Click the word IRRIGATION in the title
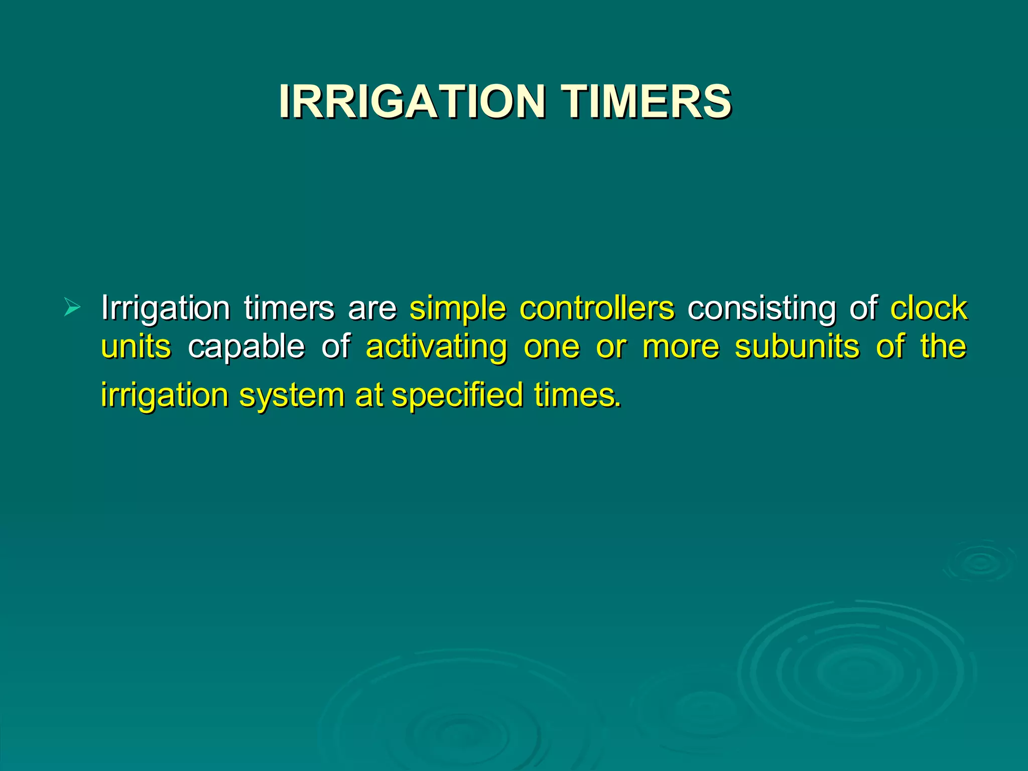click(412, 101)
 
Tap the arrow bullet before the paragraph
click(72, 307)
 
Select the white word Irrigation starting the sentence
click(165, 308)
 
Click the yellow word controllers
click(597, 308)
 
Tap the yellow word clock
click(929, 308)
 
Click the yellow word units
click(136, 346)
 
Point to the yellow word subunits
click(797, 346)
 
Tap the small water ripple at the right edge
click(979, 562)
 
